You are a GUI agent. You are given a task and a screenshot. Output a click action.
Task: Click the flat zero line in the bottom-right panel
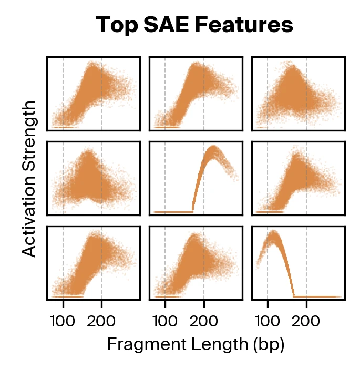[318, 296]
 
